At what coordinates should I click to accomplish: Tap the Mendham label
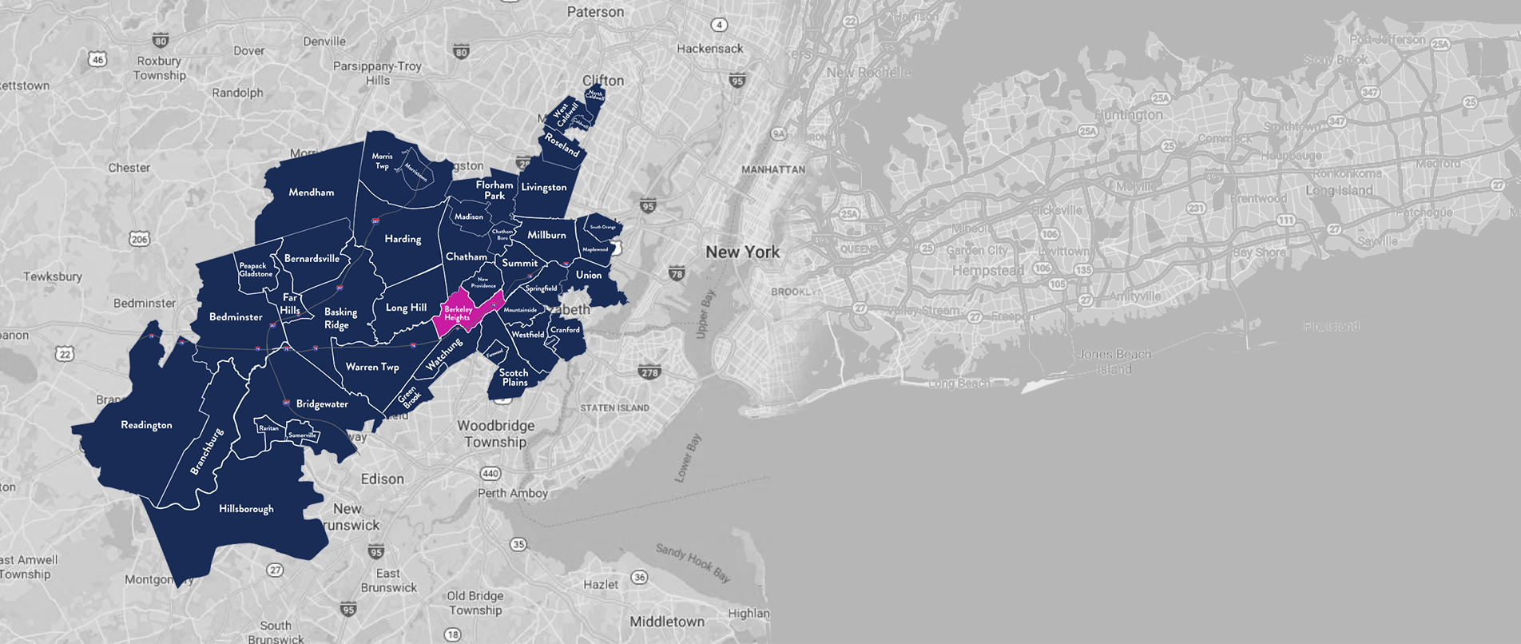click(312, 193)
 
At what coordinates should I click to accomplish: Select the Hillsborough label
click(246, 509)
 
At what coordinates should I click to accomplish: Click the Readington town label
click(146, 425)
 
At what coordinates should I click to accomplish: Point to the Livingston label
click(544, 188)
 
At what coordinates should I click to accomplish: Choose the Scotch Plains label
click(514, 377)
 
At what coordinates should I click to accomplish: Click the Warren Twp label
click(372, 367)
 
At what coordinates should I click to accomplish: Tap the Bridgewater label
click(322, 404)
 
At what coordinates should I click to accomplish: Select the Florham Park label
click(494, 190)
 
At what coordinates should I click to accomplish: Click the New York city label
click(742, 252)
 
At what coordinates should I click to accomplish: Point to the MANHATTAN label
click(773, 169)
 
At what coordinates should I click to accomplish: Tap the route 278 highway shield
click(649, 372)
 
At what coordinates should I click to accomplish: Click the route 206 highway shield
click(139, 239)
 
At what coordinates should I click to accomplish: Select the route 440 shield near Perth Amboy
click(490, 474)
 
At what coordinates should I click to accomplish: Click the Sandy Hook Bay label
click(693, 563)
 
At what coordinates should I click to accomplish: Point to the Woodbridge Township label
click(495, 434)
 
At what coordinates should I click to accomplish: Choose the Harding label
click(403, 239)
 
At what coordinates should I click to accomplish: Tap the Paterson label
click(595, 12)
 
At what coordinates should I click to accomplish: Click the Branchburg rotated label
click(206, 451)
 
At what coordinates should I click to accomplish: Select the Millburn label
click(546, 235)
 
